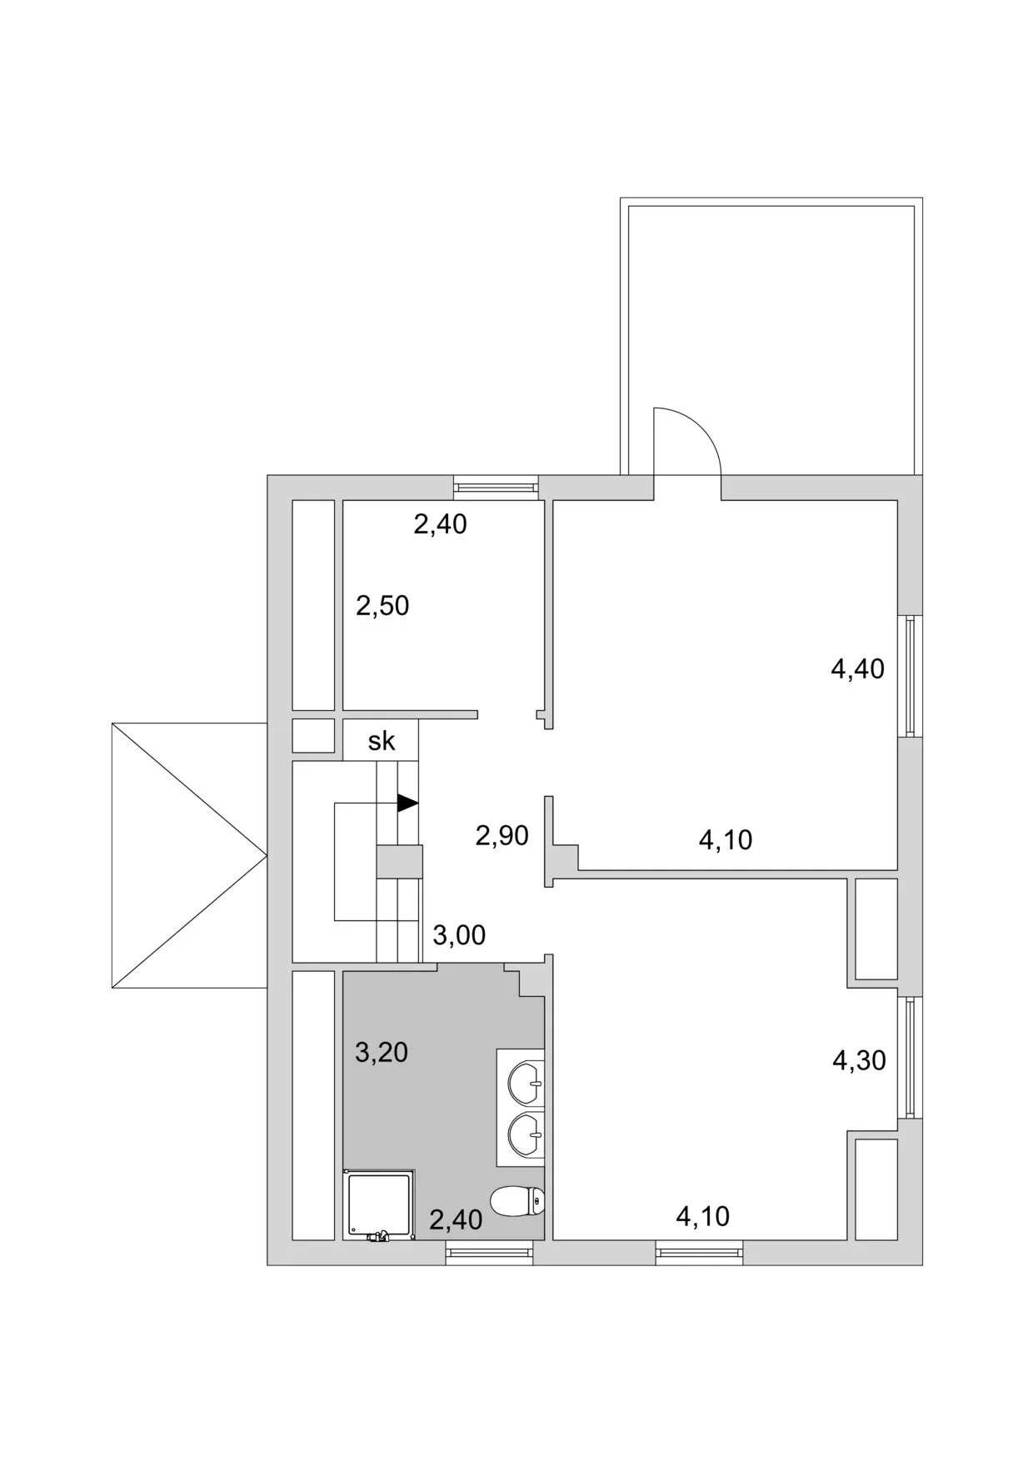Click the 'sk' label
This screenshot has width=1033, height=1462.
[382, 741]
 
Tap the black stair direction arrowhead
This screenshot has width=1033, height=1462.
[407, 803]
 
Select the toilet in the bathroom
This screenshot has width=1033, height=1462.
[517, 1201]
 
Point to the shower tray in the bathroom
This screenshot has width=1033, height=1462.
[379, 1205]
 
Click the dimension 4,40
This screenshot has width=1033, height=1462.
[857, 668]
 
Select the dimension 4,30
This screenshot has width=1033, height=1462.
[859, 1060]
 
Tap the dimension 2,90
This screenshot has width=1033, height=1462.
[502, 834]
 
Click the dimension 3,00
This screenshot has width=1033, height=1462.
[459, 935]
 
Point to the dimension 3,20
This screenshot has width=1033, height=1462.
[382, 1052]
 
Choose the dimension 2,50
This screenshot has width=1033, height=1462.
[382, 605]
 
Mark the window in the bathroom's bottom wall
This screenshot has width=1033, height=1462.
[489, 1253]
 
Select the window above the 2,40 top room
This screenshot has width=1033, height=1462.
[495, 487]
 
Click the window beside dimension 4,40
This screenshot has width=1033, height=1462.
[910, 676]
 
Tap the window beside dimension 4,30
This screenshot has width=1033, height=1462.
[910, 1057]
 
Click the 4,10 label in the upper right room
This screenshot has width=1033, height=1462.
[726, 839]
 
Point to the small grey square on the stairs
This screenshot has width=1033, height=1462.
[399, 860]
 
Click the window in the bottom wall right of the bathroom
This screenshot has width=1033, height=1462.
[699, 1253]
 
